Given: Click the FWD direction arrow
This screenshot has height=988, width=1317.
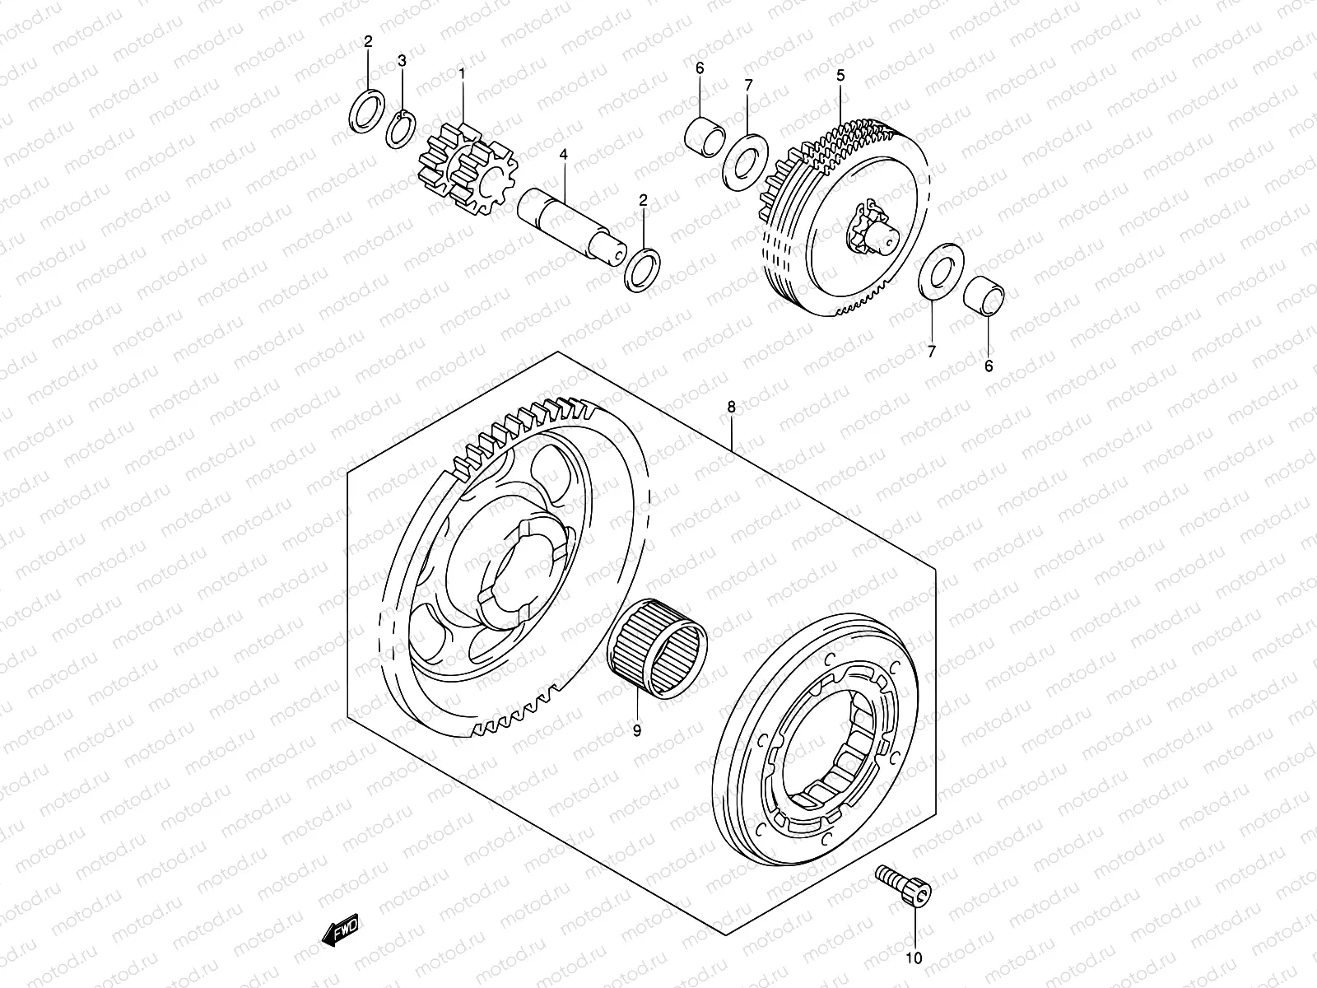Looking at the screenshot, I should (x=340, y=931).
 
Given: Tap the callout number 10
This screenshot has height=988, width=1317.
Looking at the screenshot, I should (x=915, y=957).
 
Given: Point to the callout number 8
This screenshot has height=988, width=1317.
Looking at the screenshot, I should (x=730, y=407).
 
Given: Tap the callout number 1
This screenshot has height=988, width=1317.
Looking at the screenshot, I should (x=462, y=73).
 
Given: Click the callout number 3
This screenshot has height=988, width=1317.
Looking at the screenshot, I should (x=402, y=61).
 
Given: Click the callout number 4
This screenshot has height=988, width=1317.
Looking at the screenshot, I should (x=563, y=154).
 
